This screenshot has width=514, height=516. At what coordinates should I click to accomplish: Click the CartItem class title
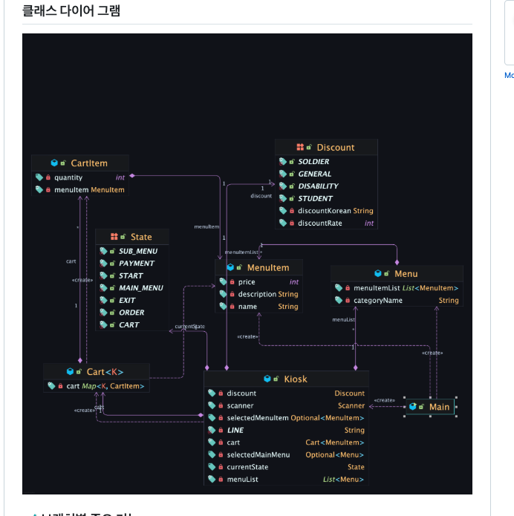point(88,163)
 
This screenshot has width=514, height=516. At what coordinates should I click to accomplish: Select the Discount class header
point(335,148)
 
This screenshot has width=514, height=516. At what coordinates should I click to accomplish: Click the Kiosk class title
point(295,379)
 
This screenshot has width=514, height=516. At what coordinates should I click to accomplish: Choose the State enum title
point(140,237)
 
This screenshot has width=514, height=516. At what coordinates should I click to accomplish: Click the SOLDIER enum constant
point(313,162)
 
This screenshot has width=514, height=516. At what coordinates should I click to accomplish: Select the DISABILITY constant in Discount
point(318,186)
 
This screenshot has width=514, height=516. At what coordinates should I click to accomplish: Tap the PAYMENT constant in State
point(137,264)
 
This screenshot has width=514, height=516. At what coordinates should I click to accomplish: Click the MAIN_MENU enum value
point(140,288)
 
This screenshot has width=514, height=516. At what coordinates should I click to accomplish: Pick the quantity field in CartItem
point(68,177)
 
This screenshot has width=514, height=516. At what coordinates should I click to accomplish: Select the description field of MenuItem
point(256,294)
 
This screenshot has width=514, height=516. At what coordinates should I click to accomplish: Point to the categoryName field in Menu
point(378,301)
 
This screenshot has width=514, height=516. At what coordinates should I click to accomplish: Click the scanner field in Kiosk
point(240,406)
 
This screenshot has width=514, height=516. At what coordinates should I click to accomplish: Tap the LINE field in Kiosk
point(235,431)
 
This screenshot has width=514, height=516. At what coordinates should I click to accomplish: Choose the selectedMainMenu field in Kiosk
point(258,455)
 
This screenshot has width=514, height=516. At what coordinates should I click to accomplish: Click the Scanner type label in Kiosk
point(351,406)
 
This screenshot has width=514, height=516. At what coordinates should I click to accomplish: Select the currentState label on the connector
point(189,327)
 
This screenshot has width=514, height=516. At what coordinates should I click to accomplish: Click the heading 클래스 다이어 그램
point(71,10)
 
